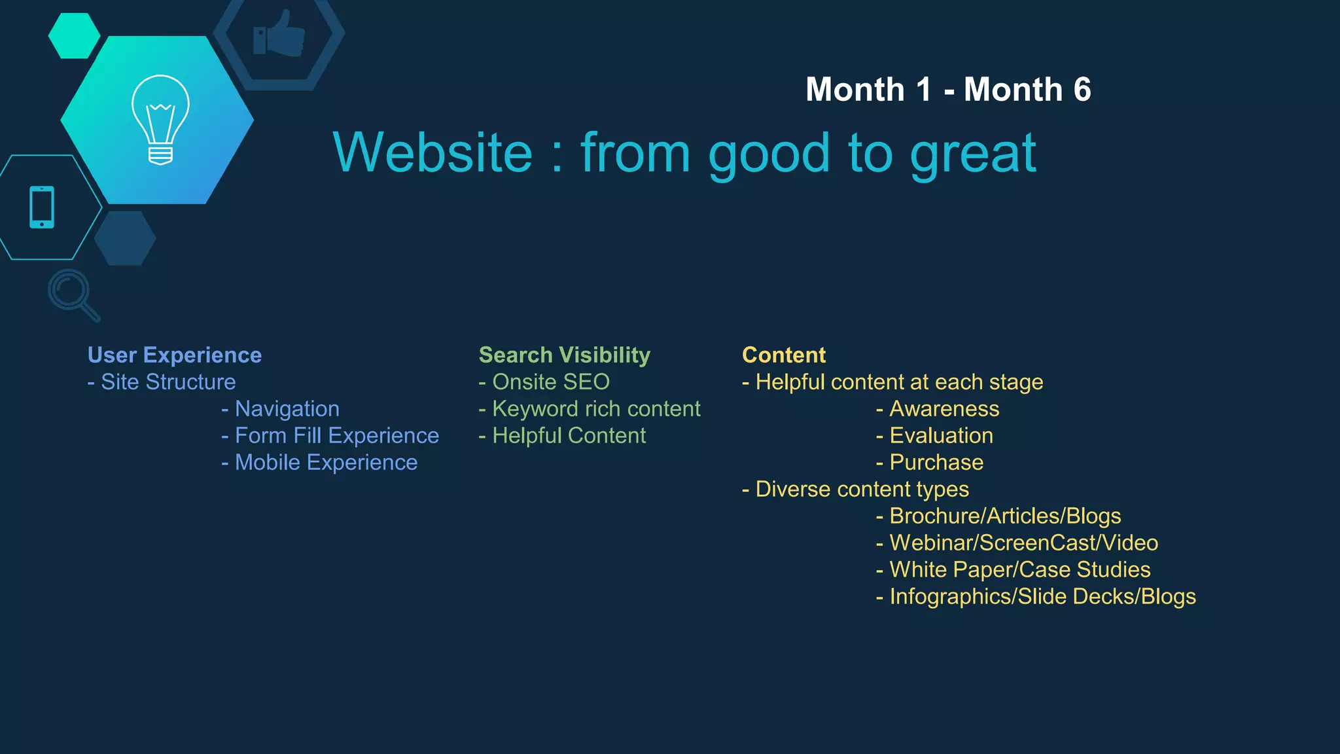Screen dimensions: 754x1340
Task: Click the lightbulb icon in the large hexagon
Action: (x=160, y=119)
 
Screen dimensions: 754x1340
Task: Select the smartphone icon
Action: (x=42, y=207)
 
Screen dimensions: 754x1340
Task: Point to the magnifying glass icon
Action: (x=73, y=294)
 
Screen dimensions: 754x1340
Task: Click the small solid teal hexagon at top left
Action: (x=74, y=35)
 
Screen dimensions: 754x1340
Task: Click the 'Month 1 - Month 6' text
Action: (x=948, y=90)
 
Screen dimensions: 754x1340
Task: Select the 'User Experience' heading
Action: (x=175, y=355)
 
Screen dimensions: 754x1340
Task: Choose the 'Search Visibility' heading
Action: (x=565, y=355)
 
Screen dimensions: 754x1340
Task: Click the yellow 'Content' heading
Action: (x=784, y=355)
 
